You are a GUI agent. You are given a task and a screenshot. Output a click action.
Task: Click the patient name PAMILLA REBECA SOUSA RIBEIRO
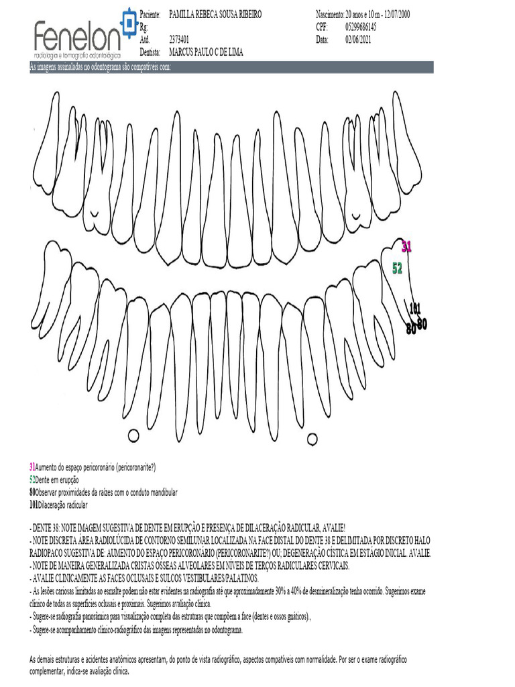click(215, 15)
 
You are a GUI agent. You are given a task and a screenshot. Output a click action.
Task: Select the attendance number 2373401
click(179, 40)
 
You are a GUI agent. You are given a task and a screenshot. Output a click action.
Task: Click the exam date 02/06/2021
click(359, 40)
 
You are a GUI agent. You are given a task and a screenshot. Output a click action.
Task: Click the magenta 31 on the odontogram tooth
click(406, 247)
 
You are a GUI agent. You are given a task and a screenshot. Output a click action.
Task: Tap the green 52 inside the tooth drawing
click(397, 268)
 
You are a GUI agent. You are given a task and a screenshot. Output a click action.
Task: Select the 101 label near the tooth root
click(416, 309)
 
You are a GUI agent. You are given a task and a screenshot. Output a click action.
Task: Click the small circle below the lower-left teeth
click(133, 435)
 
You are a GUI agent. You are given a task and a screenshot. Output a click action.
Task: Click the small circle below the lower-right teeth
click(312, 439)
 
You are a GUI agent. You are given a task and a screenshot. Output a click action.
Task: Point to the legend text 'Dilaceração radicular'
click(63, 505)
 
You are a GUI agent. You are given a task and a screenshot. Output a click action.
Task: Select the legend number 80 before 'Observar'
click(32, 492)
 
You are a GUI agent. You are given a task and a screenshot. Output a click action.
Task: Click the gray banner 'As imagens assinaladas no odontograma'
click(101, 67)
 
